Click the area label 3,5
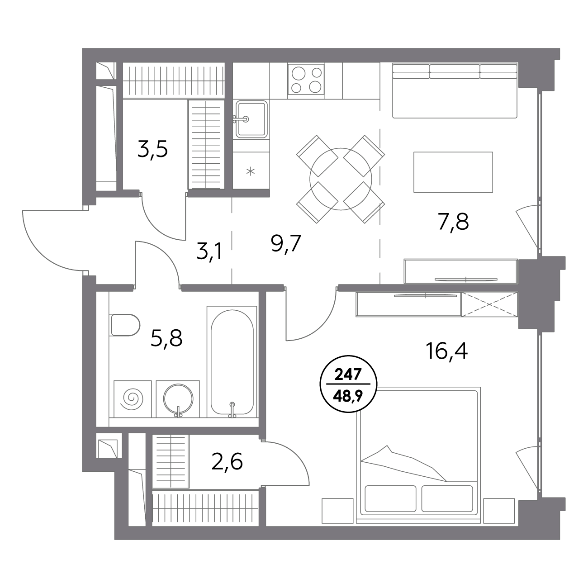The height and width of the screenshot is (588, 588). (152, 150)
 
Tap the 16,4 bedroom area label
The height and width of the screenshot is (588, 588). (446, 351)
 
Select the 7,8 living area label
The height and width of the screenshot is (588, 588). (453, 222)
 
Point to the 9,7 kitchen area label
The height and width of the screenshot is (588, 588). (286, 243)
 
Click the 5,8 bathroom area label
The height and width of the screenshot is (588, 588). (166, 338)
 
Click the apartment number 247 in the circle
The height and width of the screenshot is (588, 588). (348, 375)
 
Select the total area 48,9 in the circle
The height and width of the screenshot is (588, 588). (348, 396)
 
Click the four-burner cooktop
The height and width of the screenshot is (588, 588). (306, 79)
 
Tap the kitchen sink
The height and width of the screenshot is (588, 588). (251, 119)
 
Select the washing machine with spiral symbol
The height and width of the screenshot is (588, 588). (133, 399)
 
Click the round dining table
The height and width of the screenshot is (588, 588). (341, 179)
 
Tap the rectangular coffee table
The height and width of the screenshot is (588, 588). (453, 172)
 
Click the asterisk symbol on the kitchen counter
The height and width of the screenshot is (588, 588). (251, 171)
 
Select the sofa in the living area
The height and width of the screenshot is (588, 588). (455, 90)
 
